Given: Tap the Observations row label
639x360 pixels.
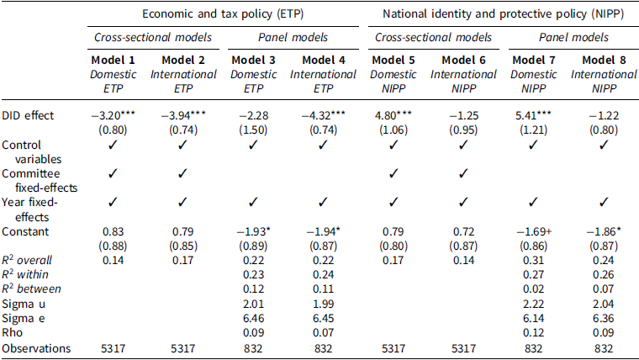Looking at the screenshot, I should point(34,348).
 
